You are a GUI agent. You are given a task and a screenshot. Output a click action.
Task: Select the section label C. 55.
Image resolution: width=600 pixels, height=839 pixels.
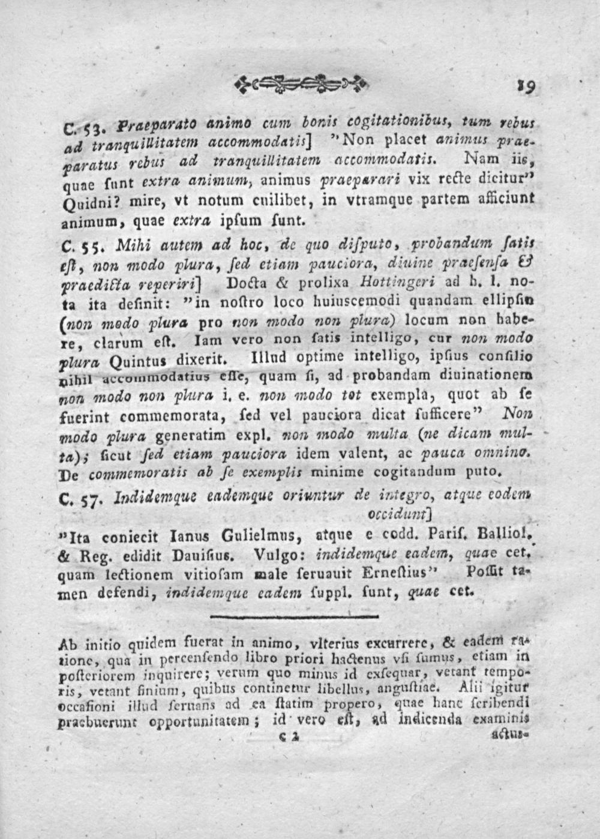[77, 247]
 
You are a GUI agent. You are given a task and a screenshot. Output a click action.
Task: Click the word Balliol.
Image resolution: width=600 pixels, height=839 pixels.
[502, 532]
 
